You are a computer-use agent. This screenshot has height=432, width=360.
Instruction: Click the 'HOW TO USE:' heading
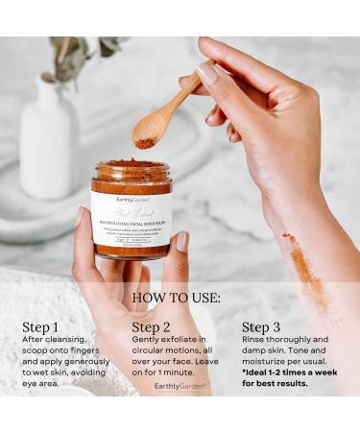point(180,299)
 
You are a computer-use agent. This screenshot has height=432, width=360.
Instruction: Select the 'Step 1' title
point(40,326)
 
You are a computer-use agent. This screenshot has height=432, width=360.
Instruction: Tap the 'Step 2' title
point(152,326)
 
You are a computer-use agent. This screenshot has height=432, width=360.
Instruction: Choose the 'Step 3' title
point(262,326)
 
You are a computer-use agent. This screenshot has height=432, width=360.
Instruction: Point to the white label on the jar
point(132,218)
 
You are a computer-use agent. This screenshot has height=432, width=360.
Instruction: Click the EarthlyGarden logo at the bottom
point(180,386)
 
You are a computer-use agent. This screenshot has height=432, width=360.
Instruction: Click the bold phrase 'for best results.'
point(275,382)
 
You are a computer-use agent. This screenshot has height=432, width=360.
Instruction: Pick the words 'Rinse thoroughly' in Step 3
point(273,340)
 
